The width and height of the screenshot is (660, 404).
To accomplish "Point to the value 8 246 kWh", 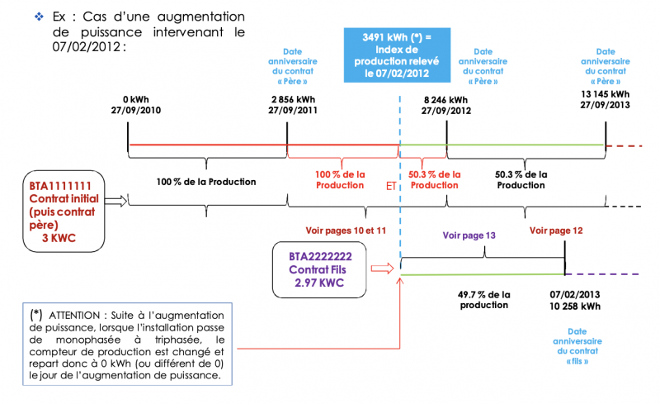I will pyautogui.click(x=445, y=99).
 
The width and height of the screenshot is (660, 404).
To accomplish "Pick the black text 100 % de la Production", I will pyautogui.click(x=206, y=181).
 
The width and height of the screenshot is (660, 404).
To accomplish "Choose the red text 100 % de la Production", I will pyautogui.click(x=340, y=179).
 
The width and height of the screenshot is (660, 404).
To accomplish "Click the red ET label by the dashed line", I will pyautogui.click(x=391, y=186).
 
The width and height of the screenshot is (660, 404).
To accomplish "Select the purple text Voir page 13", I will pyautogui.click(x=469, y=235).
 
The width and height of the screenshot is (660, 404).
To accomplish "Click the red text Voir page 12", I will pyautogui.click(x=556, y=231).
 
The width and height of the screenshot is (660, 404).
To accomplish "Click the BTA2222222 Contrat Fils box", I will pyautogui.click(x=318, y=269).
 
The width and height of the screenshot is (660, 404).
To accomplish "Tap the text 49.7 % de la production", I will pyautogui.click(x=483, y=299).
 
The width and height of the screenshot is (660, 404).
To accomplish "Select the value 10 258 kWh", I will pyautogui.click(x=573, y=305).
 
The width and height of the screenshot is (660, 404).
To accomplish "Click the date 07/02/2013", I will pyautogui.click(x=573, y=293).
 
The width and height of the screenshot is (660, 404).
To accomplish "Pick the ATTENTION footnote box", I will pyautogui.click(x=126, y=345).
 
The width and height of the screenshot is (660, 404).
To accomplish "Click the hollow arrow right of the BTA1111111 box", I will pyautogui.click(x=115, y=199).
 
